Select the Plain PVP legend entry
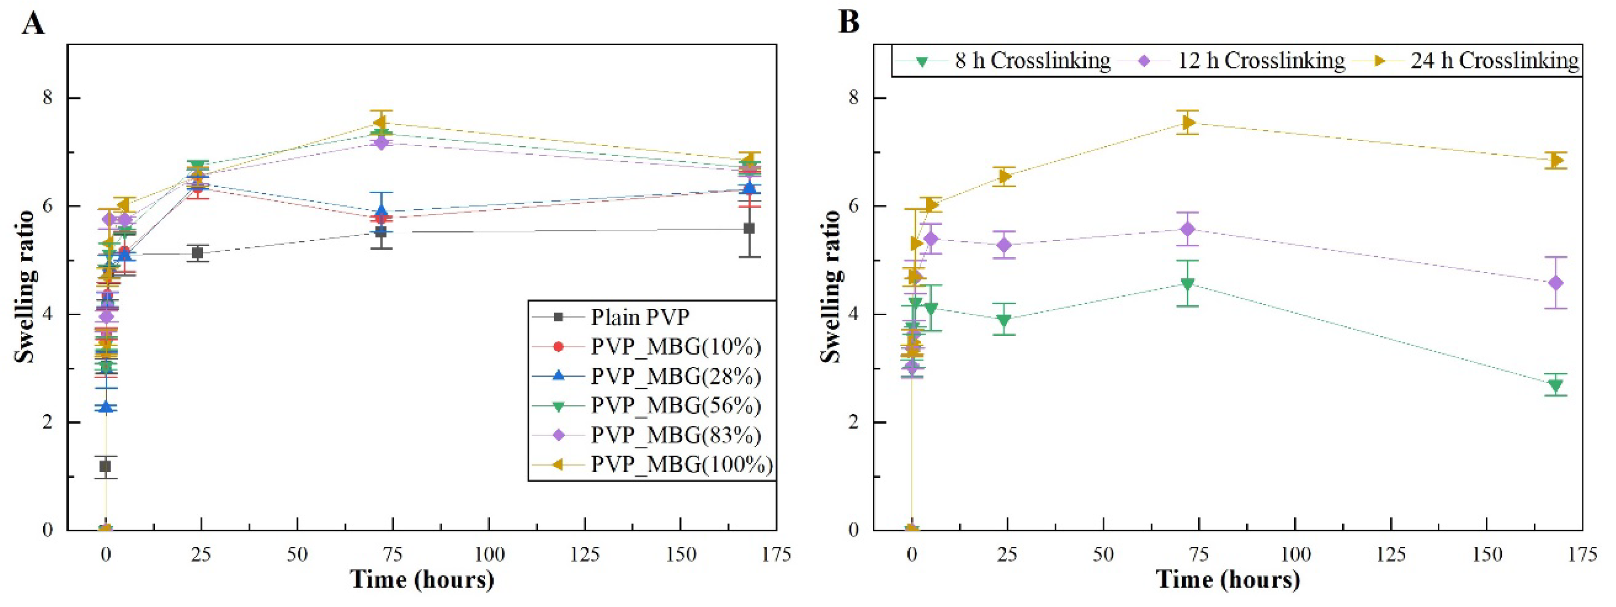click(x=640, y=317)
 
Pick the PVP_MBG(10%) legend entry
click(x=675, y=346)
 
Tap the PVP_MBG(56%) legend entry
click(x=675, y=406)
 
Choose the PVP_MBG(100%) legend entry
click(x=681, y=465)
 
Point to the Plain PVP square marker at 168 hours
click(x=749, y=228)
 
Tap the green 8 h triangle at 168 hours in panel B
click(x=1555, y=385)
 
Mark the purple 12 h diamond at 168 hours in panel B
click(x=1555, y=283)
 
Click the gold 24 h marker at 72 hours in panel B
click(x=1187, y=123)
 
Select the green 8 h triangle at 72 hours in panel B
click(x=1187, y=284)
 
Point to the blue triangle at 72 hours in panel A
click(x=381, y=212)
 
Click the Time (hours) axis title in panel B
click(x=1228, y=580)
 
